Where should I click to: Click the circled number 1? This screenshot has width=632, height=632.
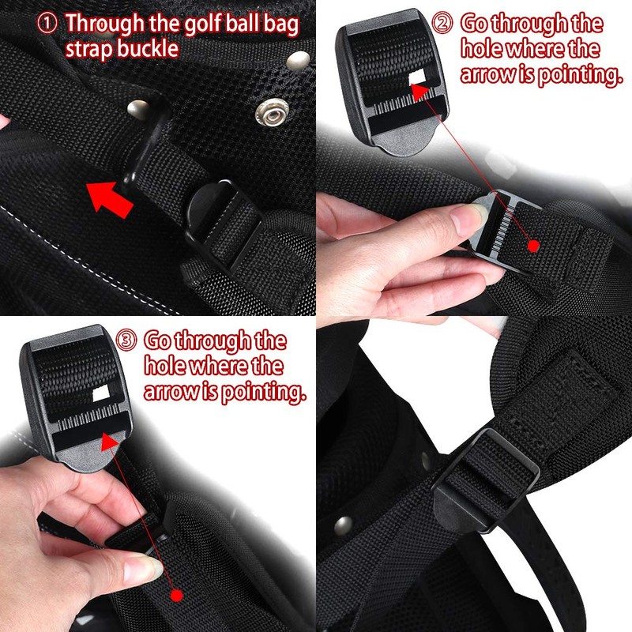click(48, 24)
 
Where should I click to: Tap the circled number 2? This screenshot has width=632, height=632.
click(443, 24)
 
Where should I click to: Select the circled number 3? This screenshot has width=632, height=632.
click(126, 341)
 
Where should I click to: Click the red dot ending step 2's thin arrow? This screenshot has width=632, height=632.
click(534, 246)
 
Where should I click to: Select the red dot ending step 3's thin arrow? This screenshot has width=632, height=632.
click(176, 594)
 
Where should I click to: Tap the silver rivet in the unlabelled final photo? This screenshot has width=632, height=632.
click(342, 524)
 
